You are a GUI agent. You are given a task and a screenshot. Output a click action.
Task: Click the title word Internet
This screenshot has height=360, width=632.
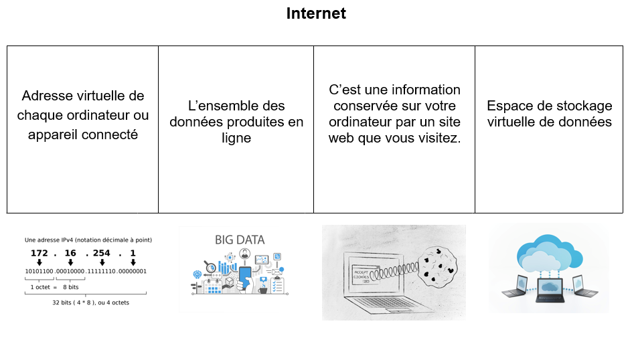[x=316, y=13]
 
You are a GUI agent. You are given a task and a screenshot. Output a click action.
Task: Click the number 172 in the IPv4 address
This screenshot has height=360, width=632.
[x=39, y=254]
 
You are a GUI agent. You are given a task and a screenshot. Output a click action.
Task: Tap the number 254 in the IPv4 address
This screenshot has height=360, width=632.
[x=102, y=254]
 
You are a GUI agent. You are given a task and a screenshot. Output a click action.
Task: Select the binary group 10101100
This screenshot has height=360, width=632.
[x=39, y=271]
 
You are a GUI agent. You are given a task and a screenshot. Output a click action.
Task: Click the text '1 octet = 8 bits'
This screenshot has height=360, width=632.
[x=55, y=286]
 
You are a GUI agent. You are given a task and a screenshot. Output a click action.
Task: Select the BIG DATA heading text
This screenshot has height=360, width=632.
[x=239, y=240]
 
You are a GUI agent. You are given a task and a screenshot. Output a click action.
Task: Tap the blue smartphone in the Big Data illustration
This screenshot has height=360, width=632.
[x=246, y=277]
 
